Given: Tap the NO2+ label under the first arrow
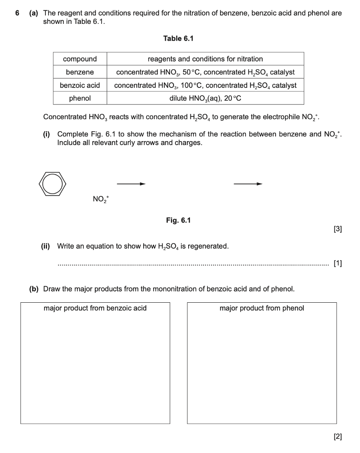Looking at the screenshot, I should coord(101,199).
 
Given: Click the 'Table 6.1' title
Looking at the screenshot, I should coord(178,39).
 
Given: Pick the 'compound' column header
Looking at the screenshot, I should coord(80,59).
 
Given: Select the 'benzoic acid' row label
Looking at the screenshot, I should coord(80,85).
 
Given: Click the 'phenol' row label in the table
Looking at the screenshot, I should coord(80,98).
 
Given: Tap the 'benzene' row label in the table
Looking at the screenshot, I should coord(80,72).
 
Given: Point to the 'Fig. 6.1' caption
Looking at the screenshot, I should coord(178,220).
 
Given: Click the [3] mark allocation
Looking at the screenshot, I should coord(338,230).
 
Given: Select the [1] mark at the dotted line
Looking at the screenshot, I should coord(338,263).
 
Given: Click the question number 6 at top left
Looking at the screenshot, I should coord(17,13).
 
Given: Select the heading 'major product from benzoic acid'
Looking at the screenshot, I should coord(95,308).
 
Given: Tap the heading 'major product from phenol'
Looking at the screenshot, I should coord(262,308).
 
